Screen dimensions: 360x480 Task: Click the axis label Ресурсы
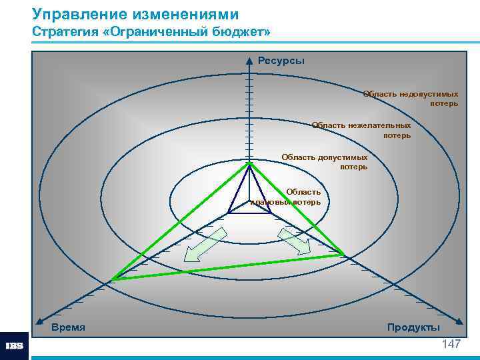281,61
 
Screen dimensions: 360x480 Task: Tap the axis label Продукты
413,327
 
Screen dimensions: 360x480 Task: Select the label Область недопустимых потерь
411,99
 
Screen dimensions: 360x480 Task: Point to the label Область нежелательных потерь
361,130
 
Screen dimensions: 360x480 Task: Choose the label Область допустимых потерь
325,162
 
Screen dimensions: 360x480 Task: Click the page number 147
451,344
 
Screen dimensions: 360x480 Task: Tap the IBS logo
14,346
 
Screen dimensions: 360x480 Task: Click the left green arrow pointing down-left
205,244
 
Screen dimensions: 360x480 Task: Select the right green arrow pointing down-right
294,241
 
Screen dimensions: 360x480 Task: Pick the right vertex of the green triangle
344,255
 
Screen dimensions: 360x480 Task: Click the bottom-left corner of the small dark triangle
229,213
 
